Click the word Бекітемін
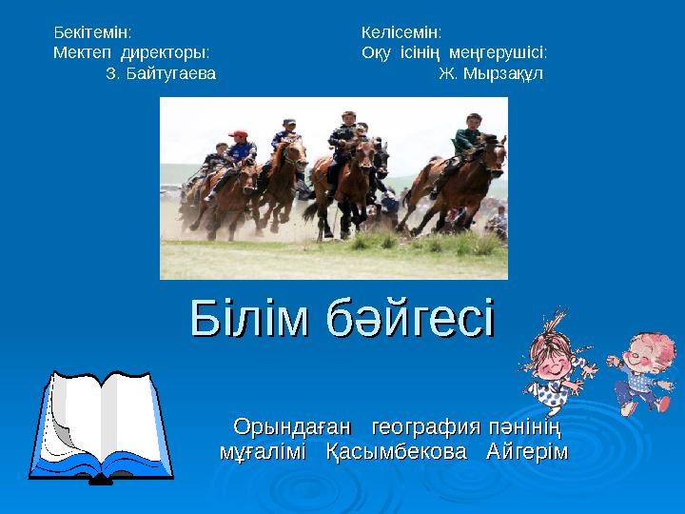91,32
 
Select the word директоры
165,53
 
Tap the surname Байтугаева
171,73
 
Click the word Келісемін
401,32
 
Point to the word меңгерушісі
498,53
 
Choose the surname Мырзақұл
502,74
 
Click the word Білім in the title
249,318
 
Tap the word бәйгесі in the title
410,318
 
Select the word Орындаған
292,426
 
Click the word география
426,427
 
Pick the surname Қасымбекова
397,452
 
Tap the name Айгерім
527,452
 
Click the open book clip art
101,427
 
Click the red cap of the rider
238,133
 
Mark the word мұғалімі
263,452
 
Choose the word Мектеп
82,53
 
